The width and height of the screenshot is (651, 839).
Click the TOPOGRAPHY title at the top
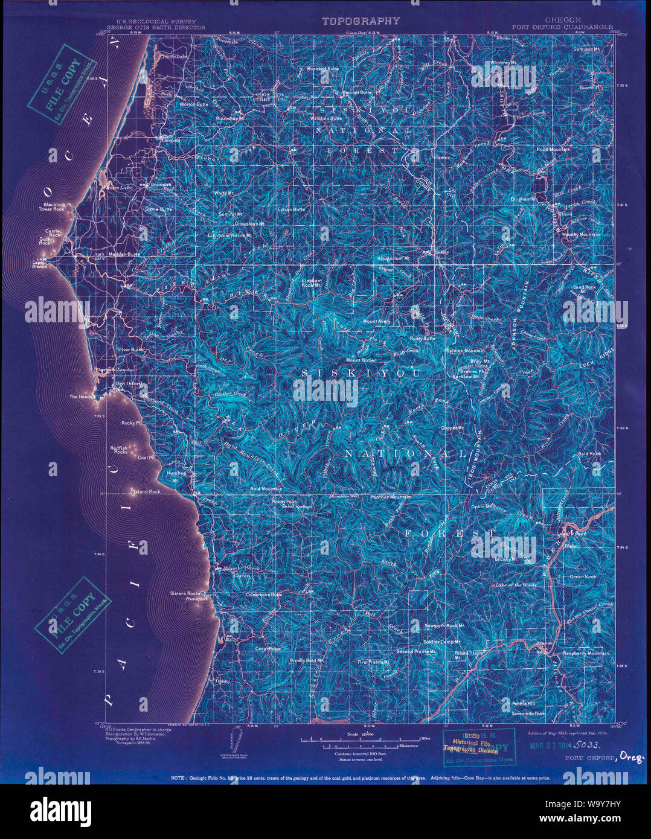tap(361, 21)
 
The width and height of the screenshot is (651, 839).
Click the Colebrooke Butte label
tap(263, 595)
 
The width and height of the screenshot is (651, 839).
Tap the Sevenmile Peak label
tap(528, 713)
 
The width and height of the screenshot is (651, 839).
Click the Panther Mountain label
tap(391, 497)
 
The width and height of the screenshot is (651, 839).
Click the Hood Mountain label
tap(553, 148)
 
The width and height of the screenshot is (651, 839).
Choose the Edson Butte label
tap(290, 209)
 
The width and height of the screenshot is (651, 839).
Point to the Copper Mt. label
tap(452, 428)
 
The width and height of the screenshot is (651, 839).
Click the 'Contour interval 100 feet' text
tap(361, 754)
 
